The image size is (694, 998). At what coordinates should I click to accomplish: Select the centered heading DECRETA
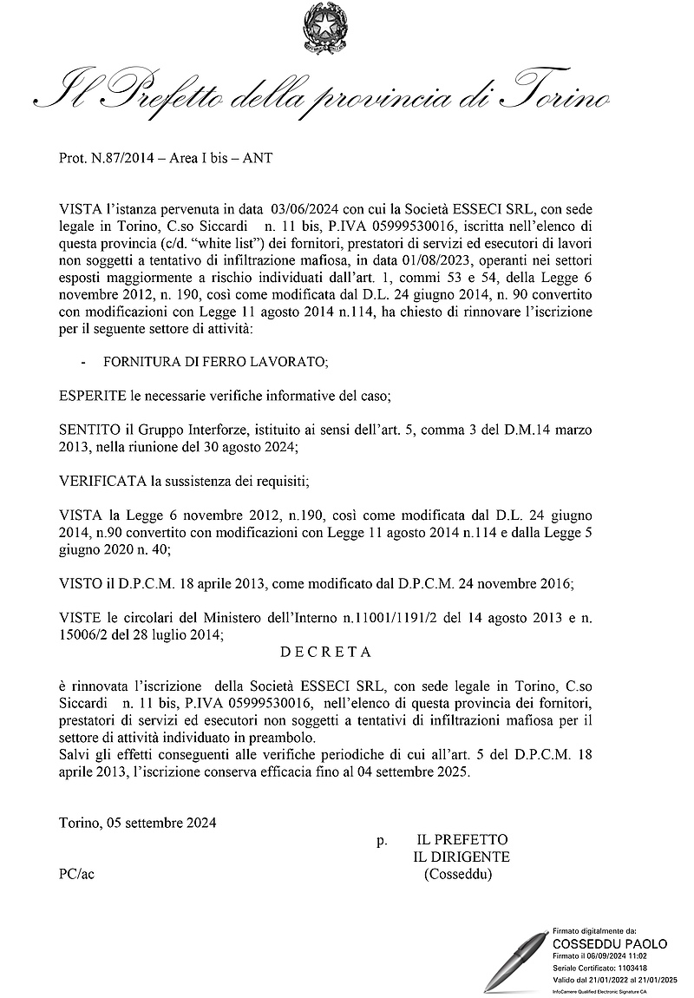[325, 650]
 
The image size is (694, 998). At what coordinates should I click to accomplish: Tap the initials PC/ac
[76, 874]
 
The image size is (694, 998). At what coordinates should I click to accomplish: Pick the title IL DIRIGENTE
[462, 857]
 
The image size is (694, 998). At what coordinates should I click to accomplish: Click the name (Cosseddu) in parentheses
[458, 874]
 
